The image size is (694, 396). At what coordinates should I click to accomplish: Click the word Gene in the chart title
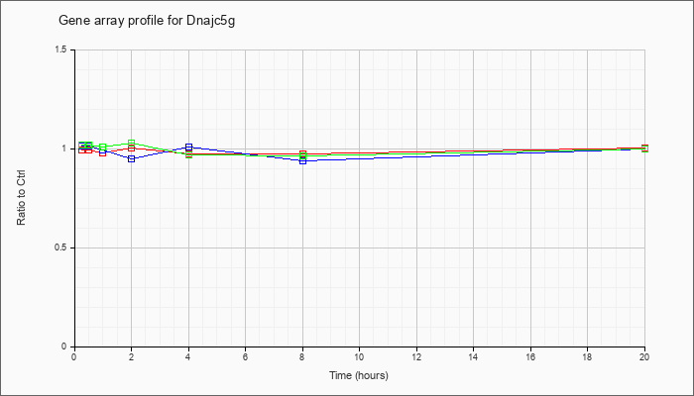coord(70,21)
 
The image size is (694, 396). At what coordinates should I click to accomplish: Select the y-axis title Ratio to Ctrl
coord(21,199)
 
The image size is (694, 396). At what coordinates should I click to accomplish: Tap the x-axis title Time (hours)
coord(359,375)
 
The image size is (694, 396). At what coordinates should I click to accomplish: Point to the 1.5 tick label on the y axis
coord(61,49)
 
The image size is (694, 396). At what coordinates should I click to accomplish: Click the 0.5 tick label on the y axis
coord(61,247)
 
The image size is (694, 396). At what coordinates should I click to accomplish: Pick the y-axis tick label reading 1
coord(65,148)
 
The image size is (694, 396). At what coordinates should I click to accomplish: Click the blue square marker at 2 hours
coord(132,158)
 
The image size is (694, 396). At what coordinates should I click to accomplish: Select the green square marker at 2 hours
coord(132,144)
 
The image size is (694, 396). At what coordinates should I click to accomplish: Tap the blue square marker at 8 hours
coord(302,160)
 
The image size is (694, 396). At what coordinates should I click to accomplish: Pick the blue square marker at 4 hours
coord(189,147)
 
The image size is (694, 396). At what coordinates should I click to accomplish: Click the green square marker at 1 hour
coord(103,147)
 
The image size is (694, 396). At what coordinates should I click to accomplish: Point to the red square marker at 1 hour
coord(103,152)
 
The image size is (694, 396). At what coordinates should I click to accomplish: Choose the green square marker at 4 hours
coord(189,155)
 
